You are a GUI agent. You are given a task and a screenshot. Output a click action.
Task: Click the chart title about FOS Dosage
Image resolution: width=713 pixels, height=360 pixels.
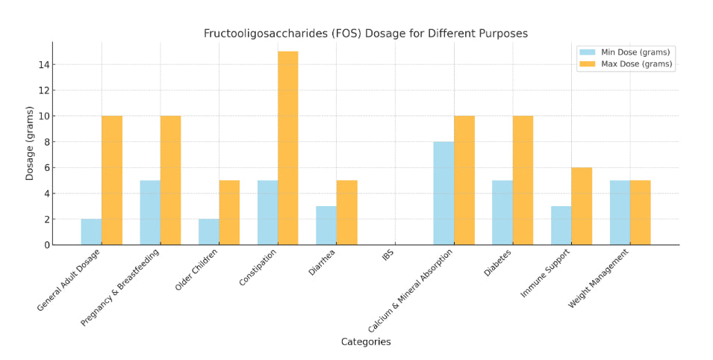(x=365, y=34)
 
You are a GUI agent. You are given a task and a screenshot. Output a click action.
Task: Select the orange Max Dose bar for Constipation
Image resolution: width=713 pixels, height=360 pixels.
(x=287, y=148)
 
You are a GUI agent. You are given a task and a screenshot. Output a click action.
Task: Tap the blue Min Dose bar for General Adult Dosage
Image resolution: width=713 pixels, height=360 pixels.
(x=91, y=232)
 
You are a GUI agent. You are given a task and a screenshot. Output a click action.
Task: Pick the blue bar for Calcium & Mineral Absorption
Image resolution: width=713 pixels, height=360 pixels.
(x=443, y=193)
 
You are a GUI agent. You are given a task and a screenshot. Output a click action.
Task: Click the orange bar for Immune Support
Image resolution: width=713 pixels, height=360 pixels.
(x=582, y=206)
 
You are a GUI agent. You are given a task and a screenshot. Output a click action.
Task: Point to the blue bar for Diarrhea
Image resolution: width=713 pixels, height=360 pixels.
(x=326, y=226)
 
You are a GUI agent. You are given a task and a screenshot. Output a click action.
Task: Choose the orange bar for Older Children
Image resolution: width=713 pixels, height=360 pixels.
(x=229, y=212)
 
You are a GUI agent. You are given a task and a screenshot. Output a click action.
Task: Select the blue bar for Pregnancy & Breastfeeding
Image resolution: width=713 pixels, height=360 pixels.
(x=150, y=212)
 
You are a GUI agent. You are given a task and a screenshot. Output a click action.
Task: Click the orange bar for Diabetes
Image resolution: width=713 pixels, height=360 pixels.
(x=523, y=180)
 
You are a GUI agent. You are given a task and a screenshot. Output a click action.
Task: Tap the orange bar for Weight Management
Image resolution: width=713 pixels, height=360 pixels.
(x=640, y=212)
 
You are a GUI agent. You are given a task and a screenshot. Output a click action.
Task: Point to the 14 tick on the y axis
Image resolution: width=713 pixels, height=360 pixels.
(x=46, y=65)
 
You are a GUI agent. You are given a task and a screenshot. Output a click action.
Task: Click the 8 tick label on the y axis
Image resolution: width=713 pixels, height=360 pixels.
(x=46, y=142)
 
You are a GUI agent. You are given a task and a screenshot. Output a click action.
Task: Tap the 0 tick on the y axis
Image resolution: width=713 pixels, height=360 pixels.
(x=46, y=245)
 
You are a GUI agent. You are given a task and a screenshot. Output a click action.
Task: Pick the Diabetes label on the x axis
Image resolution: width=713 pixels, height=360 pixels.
(x=498, y=263)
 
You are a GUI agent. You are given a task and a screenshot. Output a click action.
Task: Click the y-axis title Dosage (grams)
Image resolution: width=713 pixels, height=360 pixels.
(x=31, y=143)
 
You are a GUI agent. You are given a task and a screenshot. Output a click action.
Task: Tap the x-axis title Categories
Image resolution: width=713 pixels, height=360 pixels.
(x=365, y=342)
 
